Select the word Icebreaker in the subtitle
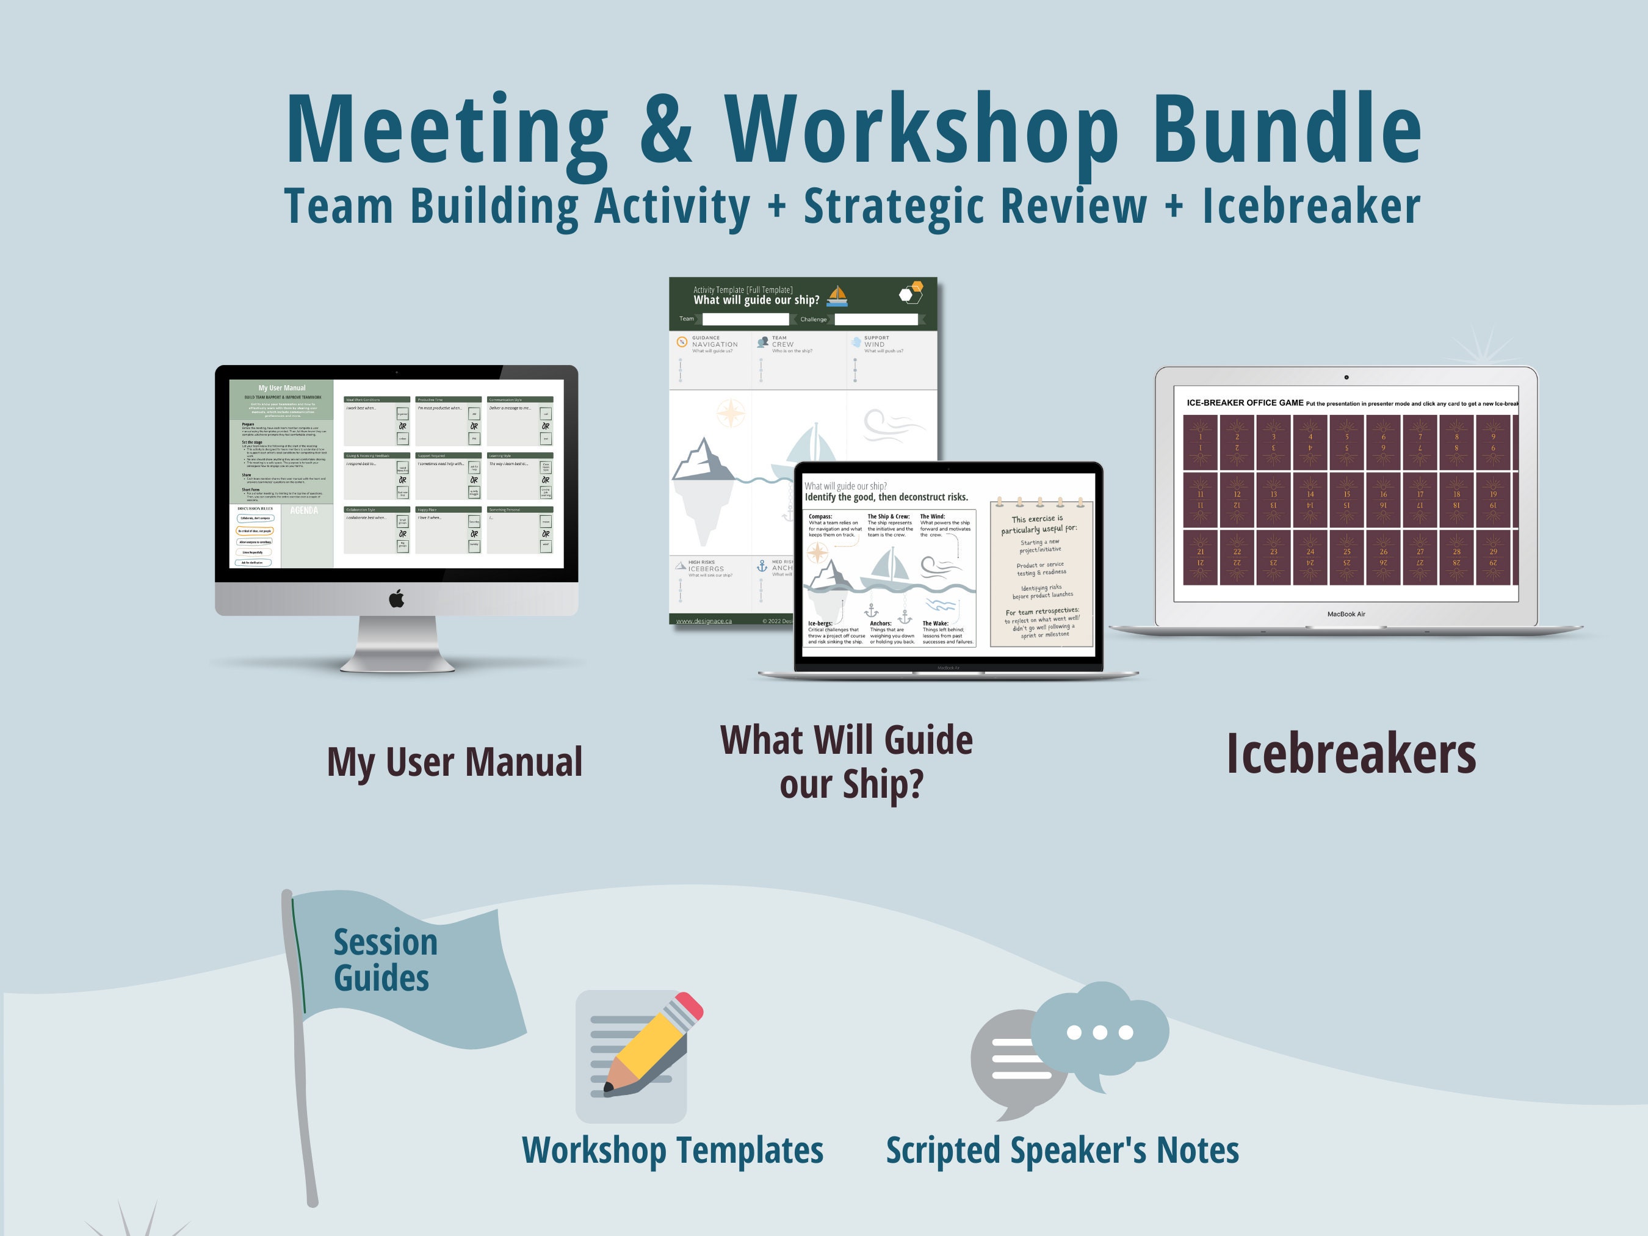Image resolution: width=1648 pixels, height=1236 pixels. tap(1311, 206)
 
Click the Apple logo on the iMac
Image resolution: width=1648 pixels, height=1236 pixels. tap(396, 598)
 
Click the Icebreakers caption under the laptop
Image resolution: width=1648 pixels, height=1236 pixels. tap(1351, 754)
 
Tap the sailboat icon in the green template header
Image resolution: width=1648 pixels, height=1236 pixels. tap(838, 296)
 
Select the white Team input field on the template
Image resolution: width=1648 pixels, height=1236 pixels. tap(745, 319)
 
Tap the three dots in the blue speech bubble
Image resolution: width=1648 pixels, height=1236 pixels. tap(1100, 1032)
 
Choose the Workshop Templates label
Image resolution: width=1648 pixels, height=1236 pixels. tap(672, 1149)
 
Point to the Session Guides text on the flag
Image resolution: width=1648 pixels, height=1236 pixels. tap(384, 960)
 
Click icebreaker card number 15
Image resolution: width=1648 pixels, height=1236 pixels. tap(1346, 499)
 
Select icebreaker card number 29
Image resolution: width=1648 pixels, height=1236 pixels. tap(1492, 557)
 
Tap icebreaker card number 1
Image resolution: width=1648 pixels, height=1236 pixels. tap(1200, 442)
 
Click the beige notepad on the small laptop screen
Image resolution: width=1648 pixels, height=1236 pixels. tap(1041, 574)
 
